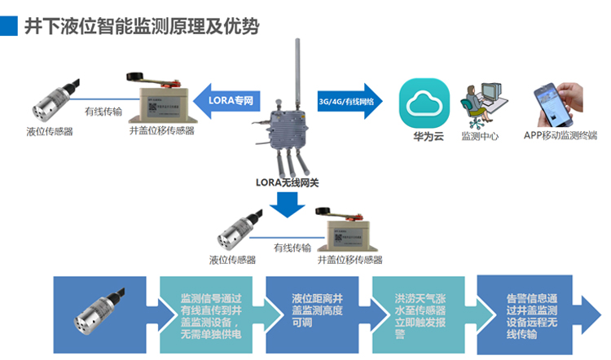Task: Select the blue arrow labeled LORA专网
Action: click(x=227, y=101)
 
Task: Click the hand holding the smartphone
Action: click(x=556, y=102)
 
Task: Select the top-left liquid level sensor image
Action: click(x=50, y=103)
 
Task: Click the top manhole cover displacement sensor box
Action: click(x=162, y=102)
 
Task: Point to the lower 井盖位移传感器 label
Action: click(x=349, y=260)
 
